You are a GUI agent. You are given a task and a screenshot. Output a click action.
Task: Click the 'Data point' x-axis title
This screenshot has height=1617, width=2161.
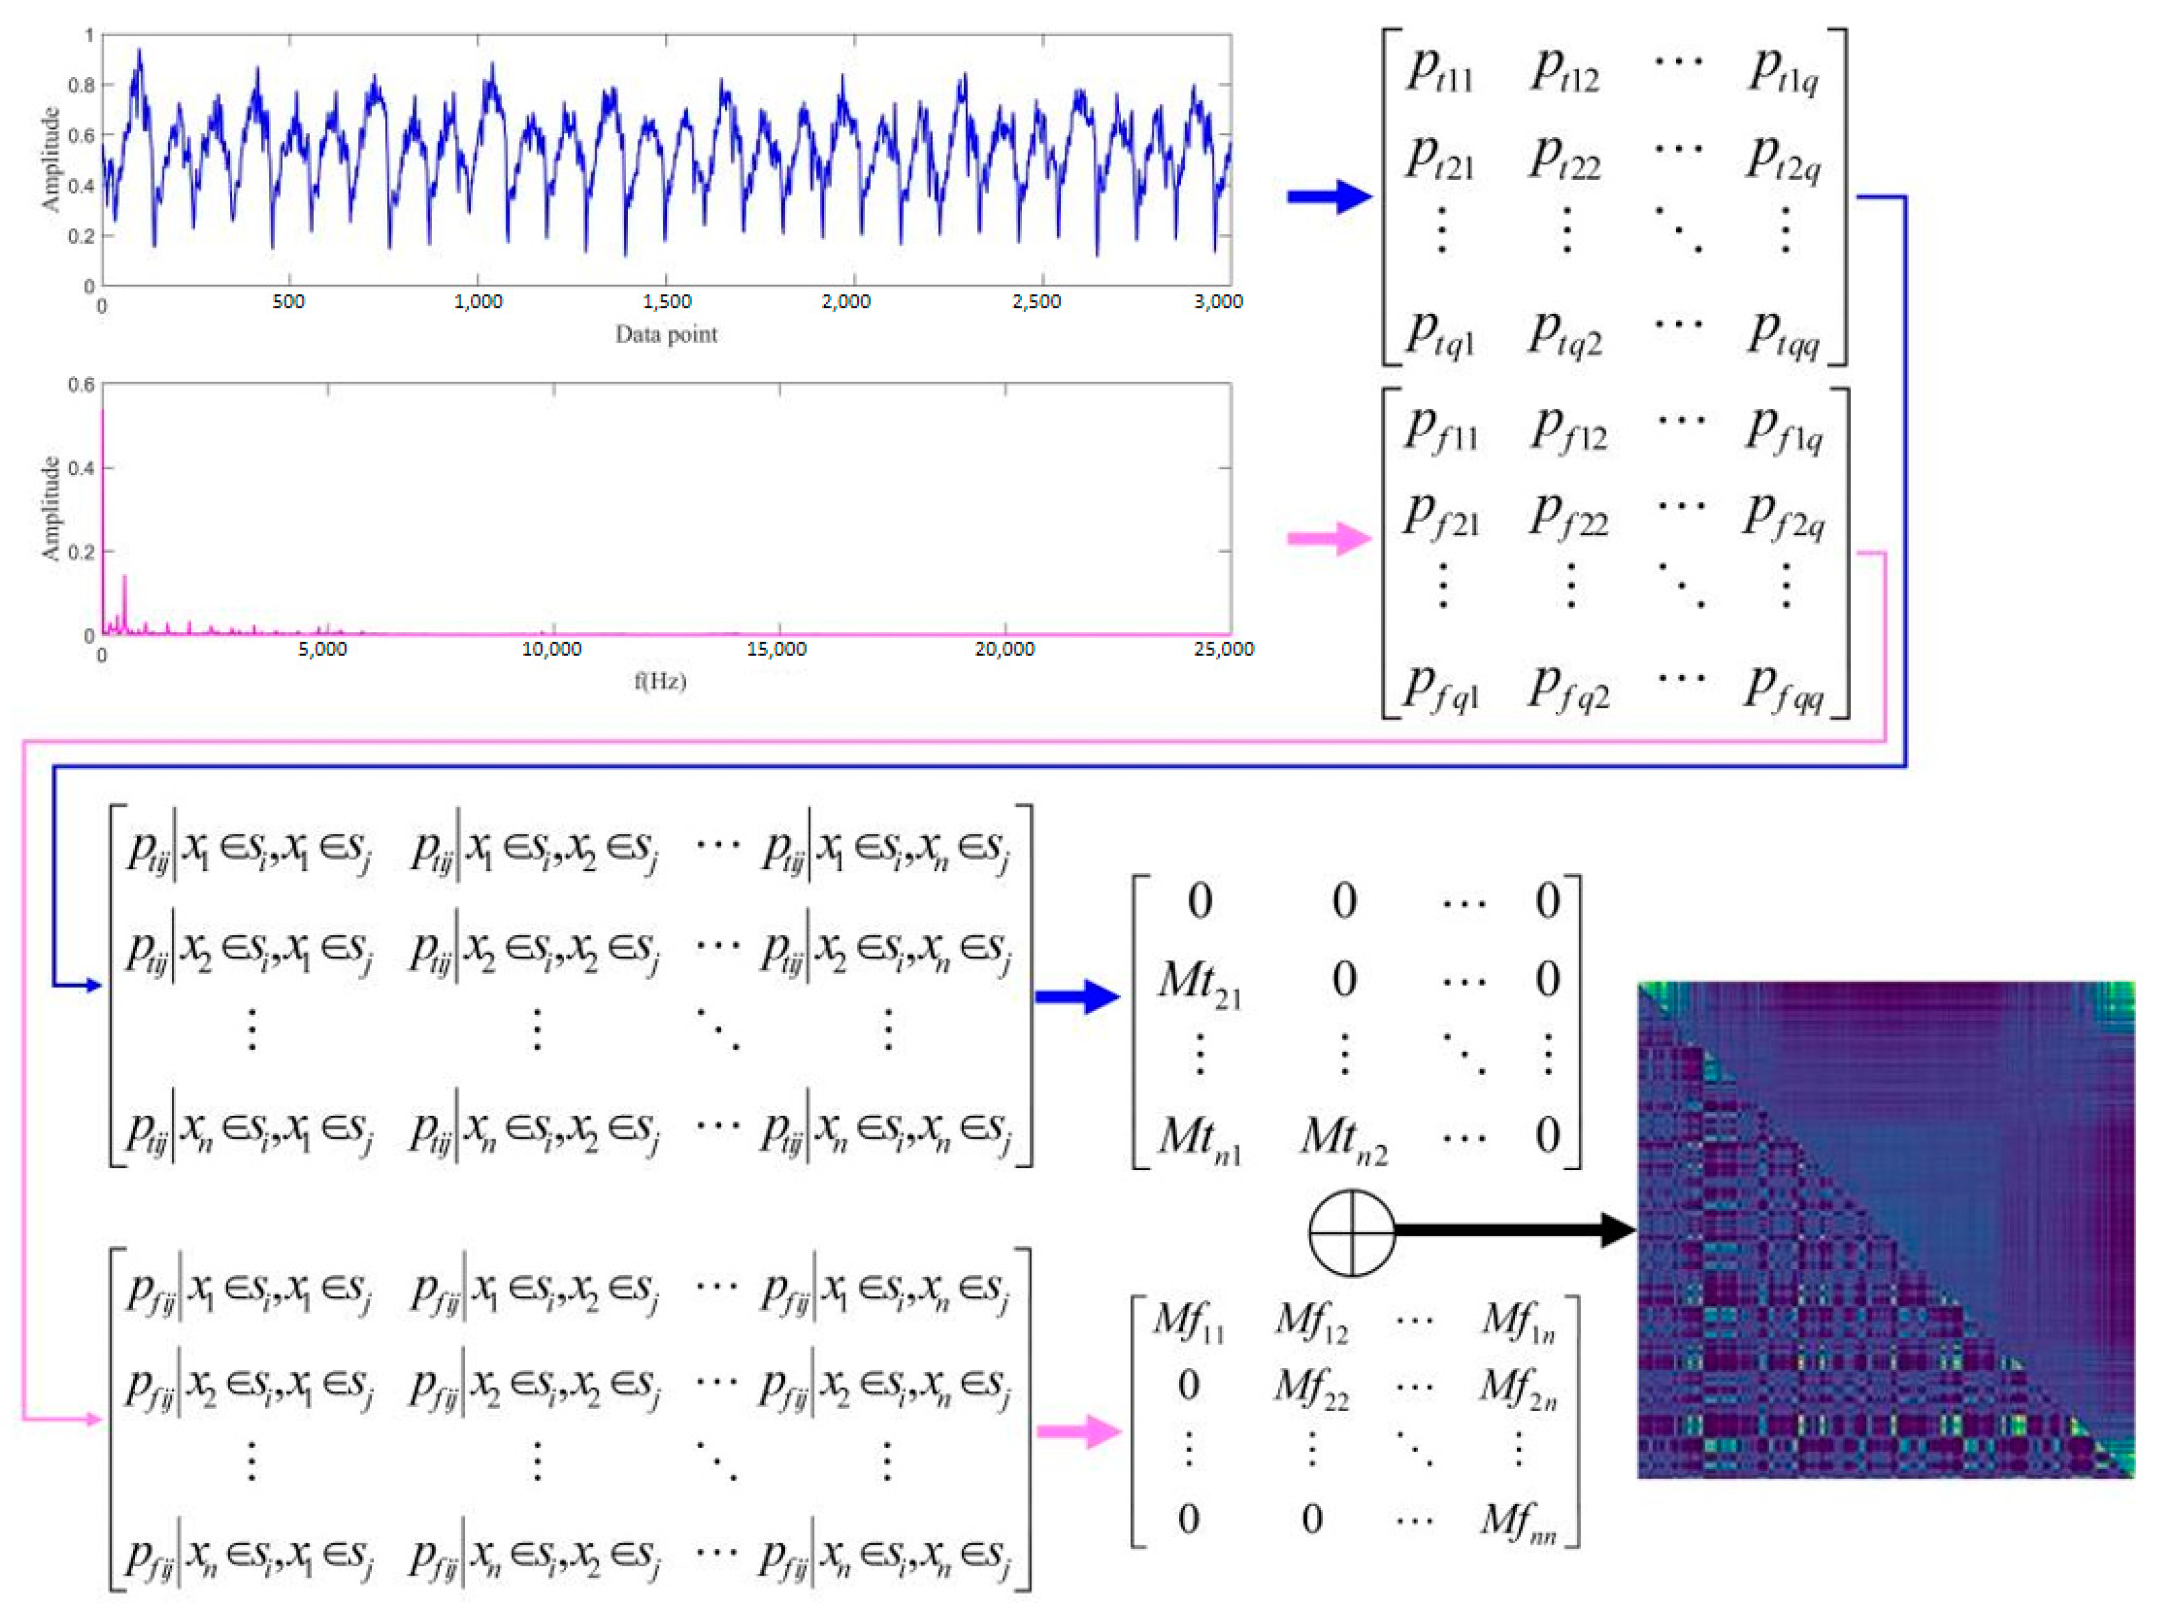click(665, 334)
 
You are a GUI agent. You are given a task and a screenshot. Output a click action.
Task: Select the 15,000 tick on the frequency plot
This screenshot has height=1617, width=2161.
click(776, 650)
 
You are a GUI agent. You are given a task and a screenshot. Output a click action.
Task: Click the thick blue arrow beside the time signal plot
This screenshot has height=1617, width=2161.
click(1329, 197)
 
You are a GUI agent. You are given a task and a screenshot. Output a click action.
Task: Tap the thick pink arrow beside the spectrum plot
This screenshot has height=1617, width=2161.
click(1329, 537)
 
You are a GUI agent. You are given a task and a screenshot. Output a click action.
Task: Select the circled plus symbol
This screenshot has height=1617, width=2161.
click(1351, 1232)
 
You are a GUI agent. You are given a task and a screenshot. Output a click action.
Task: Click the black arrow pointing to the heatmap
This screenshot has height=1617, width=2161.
click(1514, 1230)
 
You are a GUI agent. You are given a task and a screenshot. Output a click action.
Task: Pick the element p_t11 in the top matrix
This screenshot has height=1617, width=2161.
click(1439, 70)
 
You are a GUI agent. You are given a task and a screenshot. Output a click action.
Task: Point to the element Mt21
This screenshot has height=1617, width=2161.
click(1200, 981)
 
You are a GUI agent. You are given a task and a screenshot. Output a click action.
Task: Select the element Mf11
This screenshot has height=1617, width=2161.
click(1188, 1323)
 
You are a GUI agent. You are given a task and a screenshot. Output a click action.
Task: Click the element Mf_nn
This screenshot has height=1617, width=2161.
click(1517, 1520)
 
